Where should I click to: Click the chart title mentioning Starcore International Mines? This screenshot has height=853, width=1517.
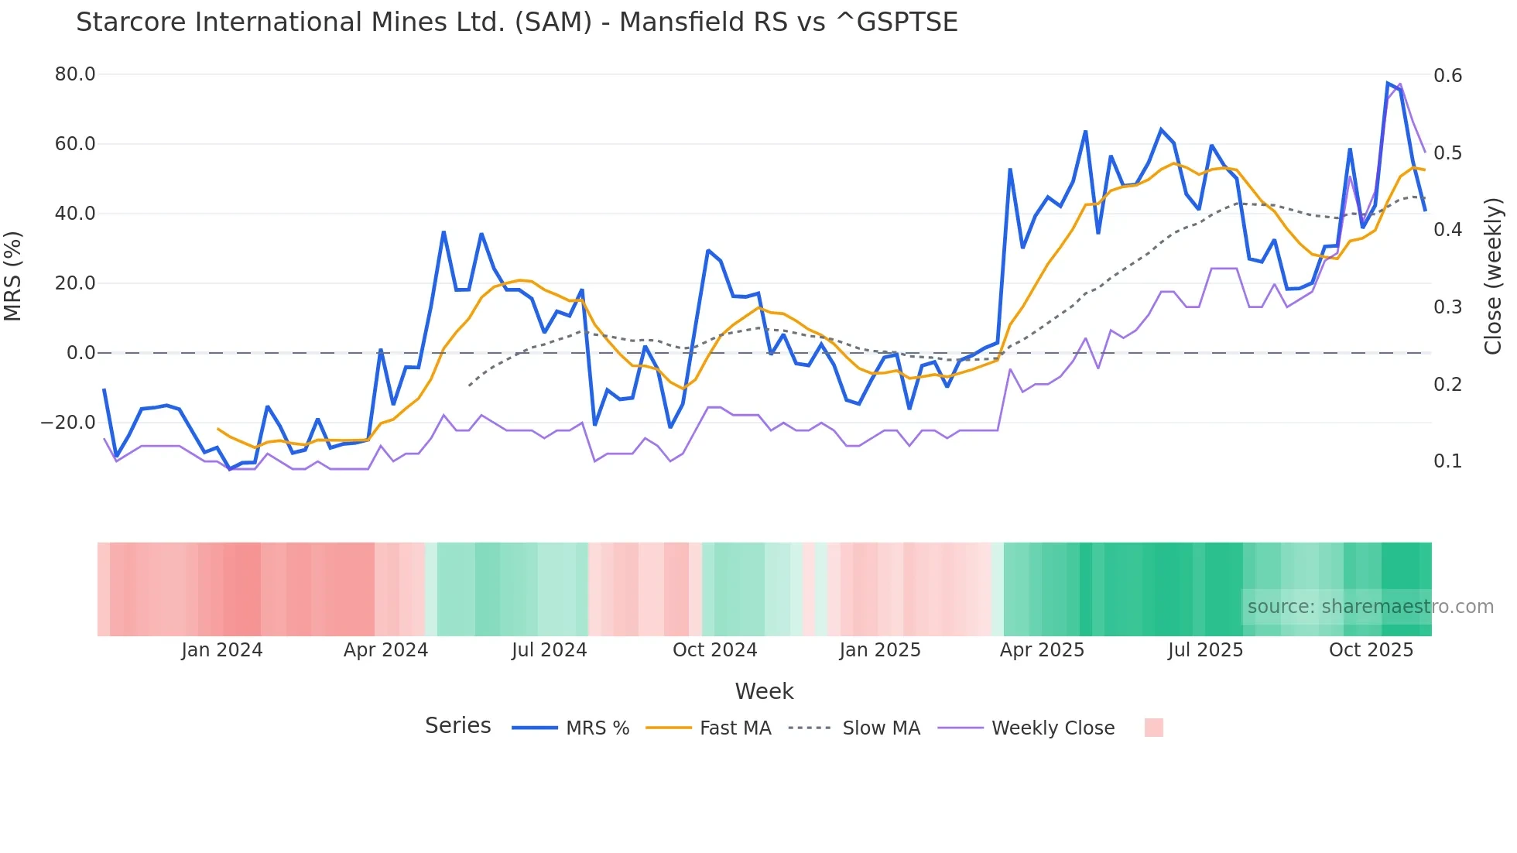pos(516,22)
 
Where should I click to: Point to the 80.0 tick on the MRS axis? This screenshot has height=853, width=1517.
pos(75,74)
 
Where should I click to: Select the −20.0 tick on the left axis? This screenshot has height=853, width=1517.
pos(68,423)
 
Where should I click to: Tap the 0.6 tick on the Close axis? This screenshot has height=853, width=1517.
pos(1447,75)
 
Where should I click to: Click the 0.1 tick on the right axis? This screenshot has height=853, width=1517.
pos(1447,461)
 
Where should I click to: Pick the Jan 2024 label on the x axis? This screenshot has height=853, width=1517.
pos(222,650)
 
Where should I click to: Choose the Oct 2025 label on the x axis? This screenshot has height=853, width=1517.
pos(1371,650)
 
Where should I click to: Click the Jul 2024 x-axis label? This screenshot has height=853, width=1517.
pos(550,650)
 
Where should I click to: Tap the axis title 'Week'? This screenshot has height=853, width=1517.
pos(764,691)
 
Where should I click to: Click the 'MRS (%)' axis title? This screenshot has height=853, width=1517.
pos(13,276)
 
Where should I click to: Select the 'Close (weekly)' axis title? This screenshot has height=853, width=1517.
pos(1493,276)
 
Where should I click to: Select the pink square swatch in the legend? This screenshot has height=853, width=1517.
pos(1153,728)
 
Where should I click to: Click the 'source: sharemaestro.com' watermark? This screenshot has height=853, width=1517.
pos(1370,607)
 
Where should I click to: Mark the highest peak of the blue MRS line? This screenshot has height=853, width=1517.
pos(1388,83)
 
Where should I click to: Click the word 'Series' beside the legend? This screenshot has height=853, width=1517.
pos(457,726)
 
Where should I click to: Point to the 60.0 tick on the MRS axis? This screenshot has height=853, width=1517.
pos(75,144)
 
